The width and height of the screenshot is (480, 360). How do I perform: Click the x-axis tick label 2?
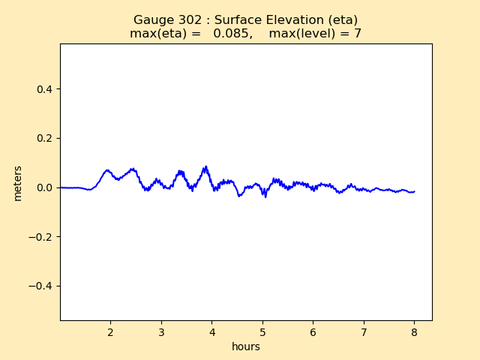point(110,331)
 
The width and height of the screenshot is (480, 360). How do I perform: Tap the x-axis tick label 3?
point(161,331)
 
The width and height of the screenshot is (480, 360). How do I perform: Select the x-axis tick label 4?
point(211,331)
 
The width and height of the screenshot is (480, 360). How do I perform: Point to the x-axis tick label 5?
point(262,331)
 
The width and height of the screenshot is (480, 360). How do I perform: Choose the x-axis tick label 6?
point(313,331)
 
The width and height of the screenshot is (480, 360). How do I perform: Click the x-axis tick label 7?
point(364,331)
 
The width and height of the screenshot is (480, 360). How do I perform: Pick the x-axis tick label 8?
point(414,331)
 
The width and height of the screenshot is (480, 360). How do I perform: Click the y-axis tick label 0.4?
point(44,89)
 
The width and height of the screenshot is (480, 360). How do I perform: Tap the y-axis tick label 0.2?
point(44,138)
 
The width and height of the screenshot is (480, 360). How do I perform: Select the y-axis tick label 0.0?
point(44,187)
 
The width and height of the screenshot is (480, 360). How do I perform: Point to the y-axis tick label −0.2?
point(41,237)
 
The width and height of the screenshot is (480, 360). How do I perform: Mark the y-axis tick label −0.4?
point(41,286)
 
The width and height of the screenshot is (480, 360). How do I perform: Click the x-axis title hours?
point(246,346)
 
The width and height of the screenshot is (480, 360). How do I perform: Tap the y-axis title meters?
point(18,183)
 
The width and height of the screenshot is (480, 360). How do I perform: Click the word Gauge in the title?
point(152,20)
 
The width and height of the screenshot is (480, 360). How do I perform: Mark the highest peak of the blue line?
point(205,166)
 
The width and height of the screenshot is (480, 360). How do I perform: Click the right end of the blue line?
point(414,191)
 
